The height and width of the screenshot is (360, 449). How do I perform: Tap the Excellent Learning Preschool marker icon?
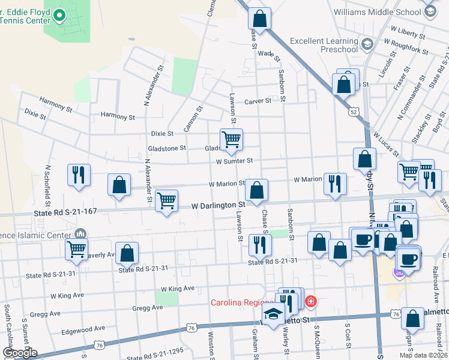point(367,44)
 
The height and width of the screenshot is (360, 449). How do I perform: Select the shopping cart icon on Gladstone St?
point(231,140)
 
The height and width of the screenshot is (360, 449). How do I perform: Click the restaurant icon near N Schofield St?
point(79,175)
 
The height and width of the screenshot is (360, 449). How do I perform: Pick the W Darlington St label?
point(218,205)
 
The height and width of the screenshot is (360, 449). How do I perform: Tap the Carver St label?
point(258,101)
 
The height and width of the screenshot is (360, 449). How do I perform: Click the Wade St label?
point(268,55)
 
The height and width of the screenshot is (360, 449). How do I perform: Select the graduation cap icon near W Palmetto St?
point(274,314)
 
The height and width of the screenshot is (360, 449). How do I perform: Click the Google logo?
point(20,353)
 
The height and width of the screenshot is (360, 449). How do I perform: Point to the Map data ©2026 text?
point(423,355)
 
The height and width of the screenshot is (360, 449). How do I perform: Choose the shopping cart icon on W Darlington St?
point(166,201)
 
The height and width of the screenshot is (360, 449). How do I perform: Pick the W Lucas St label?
point(387,145)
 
